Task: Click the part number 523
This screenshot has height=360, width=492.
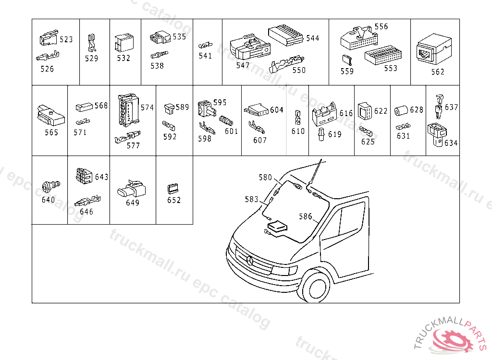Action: pyautogui.click(x=66, y=39)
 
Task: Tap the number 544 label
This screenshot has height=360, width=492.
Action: pyautogui.click(x=312, y=38)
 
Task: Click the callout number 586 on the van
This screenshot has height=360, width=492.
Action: pyautogui.click(x=306, y=216)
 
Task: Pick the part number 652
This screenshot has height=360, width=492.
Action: pyautogui.click(x=174, y=200)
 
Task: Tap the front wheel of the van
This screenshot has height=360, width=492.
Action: pyautogui.click(x=317, y=287)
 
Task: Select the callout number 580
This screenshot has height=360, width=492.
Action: pyautogui.click(x=265, y=177)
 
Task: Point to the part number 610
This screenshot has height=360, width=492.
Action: pyautogui.click(x=298, y=131)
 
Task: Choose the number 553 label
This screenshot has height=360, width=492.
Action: pyautogui.click(x=391, y=68)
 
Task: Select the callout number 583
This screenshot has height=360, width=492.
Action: pyautogui.click(x=252, y=199)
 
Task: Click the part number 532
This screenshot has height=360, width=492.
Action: pyautogui.click(x=123, y=58)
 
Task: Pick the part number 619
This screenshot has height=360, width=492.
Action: pyautogui.click(x=335, y=134)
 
